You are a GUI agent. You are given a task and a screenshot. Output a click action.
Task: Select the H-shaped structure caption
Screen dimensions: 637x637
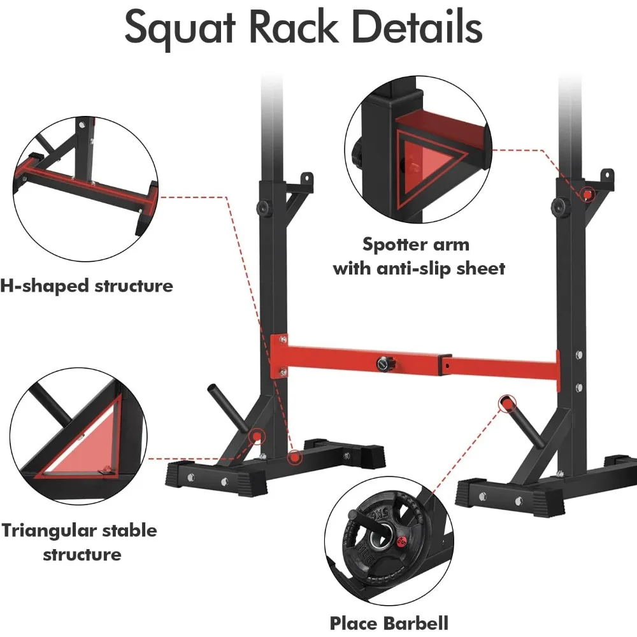(86, 285)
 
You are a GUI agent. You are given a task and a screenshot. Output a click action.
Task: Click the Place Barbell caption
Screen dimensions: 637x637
(389, 622)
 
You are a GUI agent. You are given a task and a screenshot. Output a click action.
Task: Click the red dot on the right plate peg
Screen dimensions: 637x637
(506, 402)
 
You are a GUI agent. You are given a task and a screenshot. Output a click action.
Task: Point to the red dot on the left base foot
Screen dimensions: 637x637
(294, 457)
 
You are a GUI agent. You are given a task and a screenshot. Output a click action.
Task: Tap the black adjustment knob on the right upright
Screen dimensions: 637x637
(559, 206)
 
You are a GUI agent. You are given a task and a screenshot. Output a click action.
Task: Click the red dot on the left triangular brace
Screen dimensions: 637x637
(256, 436)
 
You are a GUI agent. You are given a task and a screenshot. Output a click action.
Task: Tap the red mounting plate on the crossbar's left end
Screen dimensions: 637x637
(278, 357)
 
